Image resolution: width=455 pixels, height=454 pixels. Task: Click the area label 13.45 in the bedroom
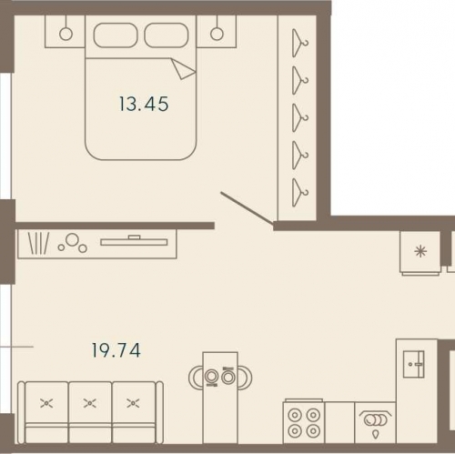point(144,104)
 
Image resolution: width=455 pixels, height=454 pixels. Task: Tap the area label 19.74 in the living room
point(116,350)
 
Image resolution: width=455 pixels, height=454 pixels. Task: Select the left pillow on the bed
point(116,35)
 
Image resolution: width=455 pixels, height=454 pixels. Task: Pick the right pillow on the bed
point(167,35)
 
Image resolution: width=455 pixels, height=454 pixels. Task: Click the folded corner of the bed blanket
point(183,69)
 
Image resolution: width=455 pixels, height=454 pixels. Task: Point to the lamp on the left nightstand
point(66,34)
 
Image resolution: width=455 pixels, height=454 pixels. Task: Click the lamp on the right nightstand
point(217,34)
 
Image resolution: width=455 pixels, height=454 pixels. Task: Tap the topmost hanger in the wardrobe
point(300,43)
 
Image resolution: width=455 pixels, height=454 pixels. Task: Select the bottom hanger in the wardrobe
point(300,193)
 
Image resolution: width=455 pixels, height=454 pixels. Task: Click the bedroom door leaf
point(247,209)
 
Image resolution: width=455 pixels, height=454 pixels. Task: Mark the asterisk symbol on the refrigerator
point(420,251)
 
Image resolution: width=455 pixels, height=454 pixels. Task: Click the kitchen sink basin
point(413,364)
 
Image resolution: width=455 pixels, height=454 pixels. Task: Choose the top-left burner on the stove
point(295,414)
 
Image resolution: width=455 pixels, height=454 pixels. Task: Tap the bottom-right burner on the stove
point(313,430)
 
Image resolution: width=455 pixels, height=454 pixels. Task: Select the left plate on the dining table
point(211,377)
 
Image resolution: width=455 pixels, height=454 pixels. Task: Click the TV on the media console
point(134,240)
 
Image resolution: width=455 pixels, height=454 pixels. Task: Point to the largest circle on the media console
point(73,239)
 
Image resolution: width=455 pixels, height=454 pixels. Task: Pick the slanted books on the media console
point(38,243)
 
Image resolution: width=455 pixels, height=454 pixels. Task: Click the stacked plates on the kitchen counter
point(376,420)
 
